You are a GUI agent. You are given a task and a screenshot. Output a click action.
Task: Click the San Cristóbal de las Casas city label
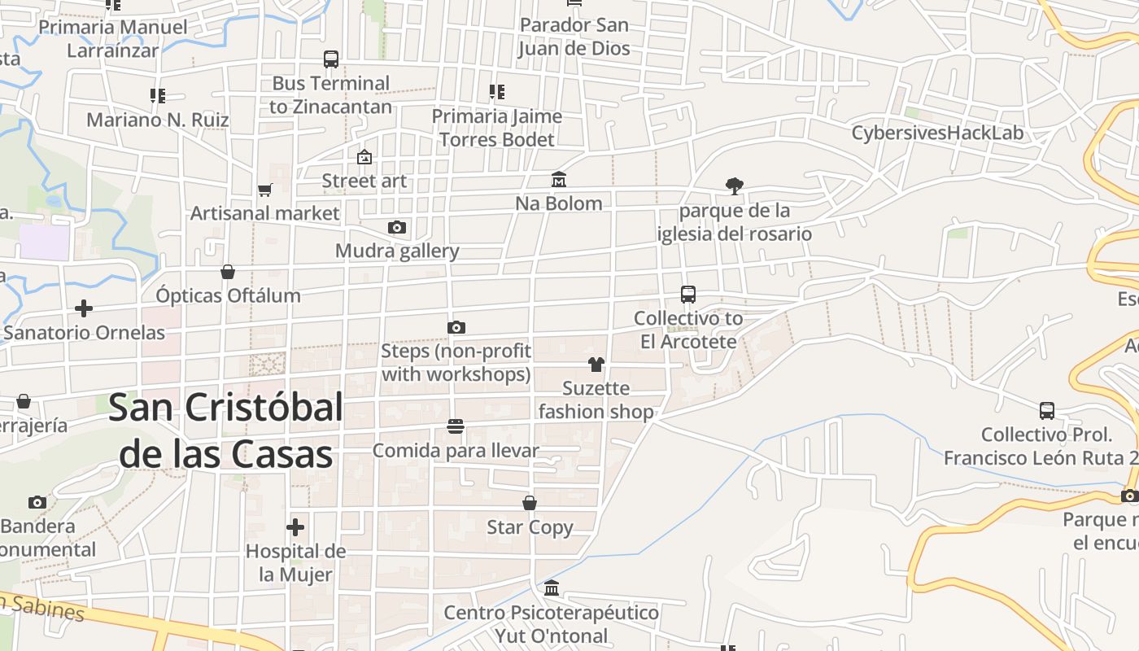[x=225, y=430]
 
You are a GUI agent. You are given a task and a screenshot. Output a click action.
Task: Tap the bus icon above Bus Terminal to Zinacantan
[x=330, y=59]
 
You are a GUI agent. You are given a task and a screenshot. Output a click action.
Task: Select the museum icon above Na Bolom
[x=559, y=179]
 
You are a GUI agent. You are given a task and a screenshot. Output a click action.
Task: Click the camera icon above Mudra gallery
[x=397, y=227]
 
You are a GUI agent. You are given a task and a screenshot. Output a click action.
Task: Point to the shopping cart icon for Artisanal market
[x=264, y=190]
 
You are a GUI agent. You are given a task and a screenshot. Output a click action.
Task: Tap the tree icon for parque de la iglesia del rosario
[x=735, y=186]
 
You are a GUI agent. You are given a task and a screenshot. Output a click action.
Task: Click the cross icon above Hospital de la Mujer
[x=295, y=526]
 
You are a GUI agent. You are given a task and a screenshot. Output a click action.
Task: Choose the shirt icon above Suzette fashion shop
[x=596, y=364]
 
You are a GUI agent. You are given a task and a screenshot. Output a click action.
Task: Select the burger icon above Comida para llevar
[x=456, y=426]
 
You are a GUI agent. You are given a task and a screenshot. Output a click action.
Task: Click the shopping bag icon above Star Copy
[x=530, y=503]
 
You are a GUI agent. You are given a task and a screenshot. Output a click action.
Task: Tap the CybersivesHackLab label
[x=937, y=133]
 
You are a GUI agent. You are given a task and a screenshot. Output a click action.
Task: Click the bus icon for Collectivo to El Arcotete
[x=688, y=294]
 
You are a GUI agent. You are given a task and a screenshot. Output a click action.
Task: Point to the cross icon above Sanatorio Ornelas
[x=83, y=308]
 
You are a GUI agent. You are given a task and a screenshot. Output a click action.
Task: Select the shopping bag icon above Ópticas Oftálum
[x=228, y=271]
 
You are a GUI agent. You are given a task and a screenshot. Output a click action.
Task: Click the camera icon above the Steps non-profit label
[x=456, y=327]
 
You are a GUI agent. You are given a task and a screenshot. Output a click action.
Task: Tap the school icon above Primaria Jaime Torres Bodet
[x=496, y=92]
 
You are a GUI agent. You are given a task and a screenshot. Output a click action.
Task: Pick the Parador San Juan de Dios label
[x=574, y=37]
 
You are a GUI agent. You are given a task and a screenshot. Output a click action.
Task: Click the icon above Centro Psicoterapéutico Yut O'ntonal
[x=552, y=588]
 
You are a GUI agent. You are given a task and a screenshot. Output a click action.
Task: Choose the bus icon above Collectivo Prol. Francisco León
[x=1047, y=410]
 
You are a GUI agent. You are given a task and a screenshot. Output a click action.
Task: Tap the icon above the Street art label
[x=364, y=156]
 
